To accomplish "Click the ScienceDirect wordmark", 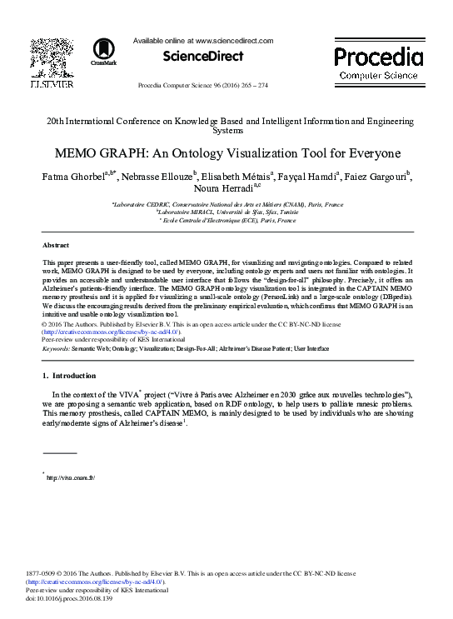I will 203,57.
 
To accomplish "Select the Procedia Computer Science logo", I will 378,62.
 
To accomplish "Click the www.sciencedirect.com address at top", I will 234,40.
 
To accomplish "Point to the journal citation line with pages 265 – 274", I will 202,86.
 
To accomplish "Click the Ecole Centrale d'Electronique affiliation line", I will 226,221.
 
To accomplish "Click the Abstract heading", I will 56,246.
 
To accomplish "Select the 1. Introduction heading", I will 68,376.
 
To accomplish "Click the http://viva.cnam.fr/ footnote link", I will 71,477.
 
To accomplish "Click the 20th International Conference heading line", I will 226,122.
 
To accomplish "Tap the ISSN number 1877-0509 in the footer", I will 44,574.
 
